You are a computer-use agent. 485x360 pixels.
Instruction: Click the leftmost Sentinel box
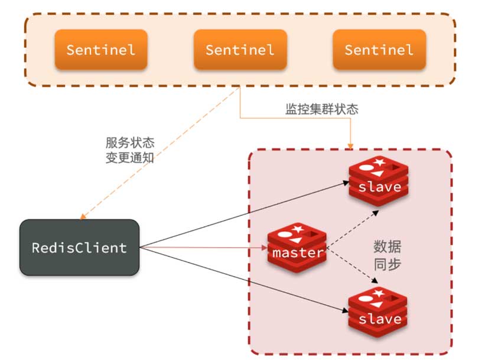(x=100, y=50)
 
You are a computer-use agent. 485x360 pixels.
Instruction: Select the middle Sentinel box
(x=240, y=50)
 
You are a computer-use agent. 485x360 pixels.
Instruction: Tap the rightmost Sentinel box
(x=379, y=50)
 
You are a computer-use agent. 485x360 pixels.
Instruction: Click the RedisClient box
(x=79, y=247)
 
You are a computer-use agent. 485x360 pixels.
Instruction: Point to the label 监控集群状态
(x=321, y=109)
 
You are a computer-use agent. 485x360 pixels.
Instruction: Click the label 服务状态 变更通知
(x=130, y=150)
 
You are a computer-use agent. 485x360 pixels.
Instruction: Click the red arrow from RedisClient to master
(x=201, y=248)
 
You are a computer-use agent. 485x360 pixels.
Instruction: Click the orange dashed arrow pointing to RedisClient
(x=160, y=154)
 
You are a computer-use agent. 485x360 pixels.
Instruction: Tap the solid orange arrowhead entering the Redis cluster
(x=351, y=144)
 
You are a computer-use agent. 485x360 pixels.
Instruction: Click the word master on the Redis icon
(x=298, y=253)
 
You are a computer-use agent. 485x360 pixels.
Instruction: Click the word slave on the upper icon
(x=379, y=187)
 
